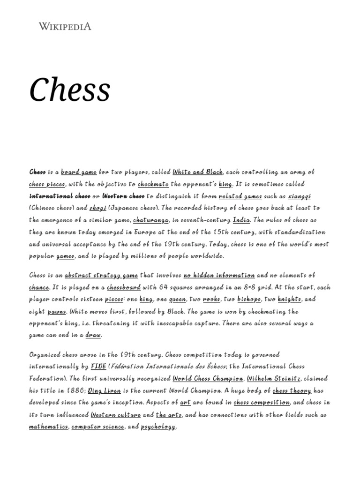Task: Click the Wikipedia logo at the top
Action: pos(64,27)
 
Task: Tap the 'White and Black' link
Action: pos(198,172)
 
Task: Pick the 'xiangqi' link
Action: pos(299,196)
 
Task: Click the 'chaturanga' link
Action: pos(149,220)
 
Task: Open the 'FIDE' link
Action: pos(98,366)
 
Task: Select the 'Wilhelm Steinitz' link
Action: pos(274,378)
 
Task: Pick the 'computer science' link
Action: pos(97,427)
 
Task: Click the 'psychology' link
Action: pos(157,427)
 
